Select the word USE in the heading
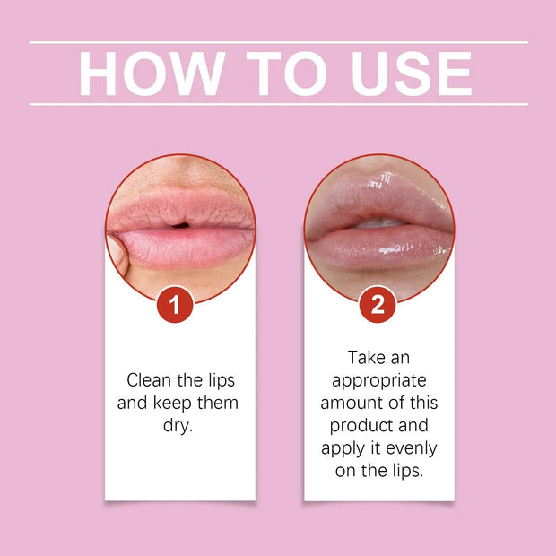pos(411,74)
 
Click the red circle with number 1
pos(176,305)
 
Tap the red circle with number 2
pos(378,305)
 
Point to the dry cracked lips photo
pos(180,224)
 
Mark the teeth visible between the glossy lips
pos(381,222)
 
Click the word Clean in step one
pos(150,379)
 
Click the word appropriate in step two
pos(378,379)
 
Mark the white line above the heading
pos(278,42)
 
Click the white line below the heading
pos(278,104)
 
